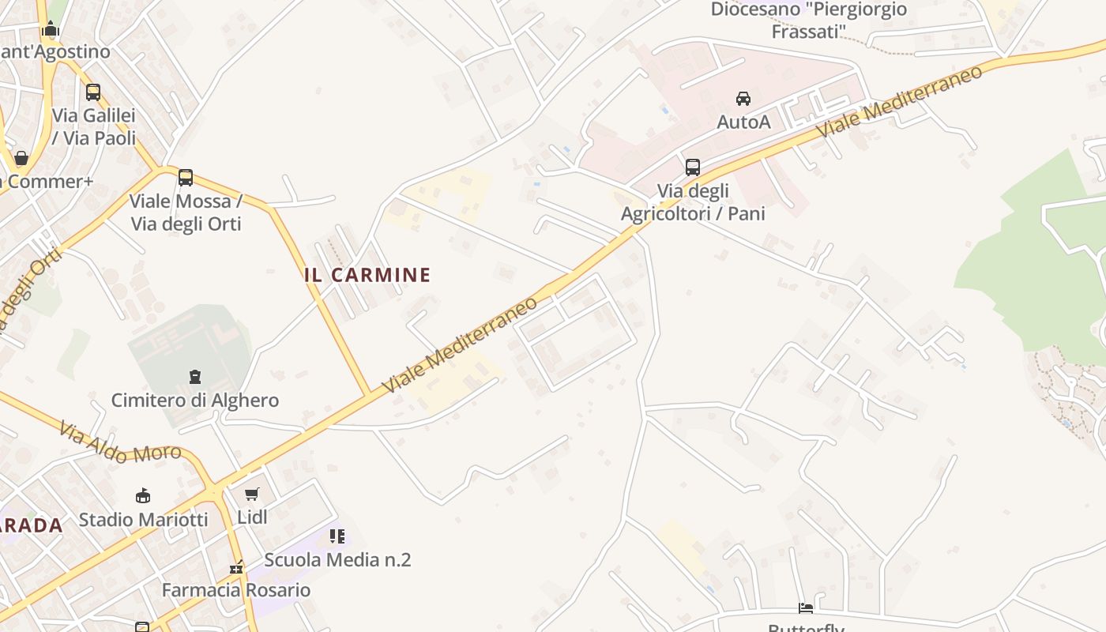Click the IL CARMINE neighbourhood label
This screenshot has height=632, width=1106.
367,275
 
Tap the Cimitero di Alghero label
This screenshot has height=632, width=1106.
194,400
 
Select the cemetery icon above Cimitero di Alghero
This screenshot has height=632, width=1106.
194,377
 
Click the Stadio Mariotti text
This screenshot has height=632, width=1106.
143,519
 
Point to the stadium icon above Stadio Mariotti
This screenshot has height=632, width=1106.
143,496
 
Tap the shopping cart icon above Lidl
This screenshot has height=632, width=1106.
252,495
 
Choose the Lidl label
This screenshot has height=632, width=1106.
252,517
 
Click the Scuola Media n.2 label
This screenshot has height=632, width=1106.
337,560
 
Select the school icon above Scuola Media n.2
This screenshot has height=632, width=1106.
337,537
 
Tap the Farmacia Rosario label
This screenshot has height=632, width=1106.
235,590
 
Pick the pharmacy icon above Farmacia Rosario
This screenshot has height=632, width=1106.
235,567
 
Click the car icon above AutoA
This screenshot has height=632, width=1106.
743,99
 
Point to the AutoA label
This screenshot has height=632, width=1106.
743,122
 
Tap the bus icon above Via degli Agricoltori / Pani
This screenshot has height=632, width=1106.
692,167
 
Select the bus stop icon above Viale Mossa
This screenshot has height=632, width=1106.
186,178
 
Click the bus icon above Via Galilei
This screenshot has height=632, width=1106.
93,92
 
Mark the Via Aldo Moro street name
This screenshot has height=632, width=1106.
120,442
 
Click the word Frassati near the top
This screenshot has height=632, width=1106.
808,32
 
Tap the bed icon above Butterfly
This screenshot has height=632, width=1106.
806,608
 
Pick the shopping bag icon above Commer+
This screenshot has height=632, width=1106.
21,158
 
